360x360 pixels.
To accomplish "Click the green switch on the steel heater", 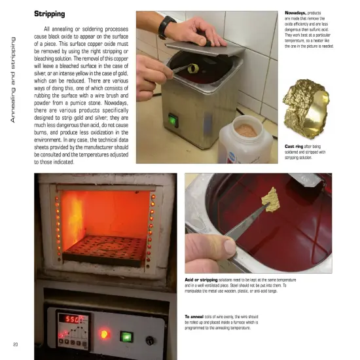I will pyautogui.click(x=173, y=120).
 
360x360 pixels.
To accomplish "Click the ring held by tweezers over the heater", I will pyautogui.click(x=194, y=67).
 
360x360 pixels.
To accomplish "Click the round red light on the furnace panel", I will pyautogui.click(x=103, y=333).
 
